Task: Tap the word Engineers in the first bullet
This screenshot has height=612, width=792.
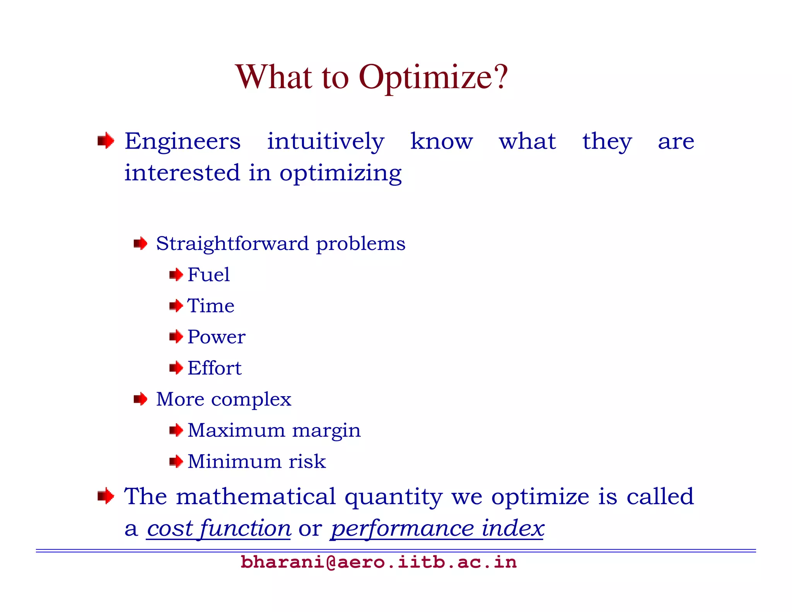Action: (x=183, y=142)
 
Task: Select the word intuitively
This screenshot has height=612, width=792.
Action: (x=325, y=142)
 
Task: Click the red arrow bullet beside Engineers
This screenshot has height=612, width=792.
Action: (x=106, y=141)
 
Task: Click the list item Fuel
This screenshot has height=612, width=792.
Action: (x=208, y=275)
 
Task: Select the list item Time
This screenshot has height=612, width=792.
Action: (x=211, y=306)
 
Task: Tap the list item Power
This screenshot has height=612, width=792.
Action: (x=216, y=337)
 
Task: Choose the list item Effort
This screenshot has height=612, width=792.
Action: (x=214, y=368)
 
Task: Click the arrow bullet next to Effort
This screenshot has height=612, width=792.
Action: (x=176, y=368)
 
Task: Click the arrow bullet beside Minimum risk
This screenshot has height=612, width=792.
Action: (x=176, y=461)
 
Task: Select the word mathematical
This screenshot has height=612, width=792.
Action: (x=256, y=497)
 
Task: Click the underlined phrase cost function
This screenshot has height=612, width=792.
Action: (x=218, y=529)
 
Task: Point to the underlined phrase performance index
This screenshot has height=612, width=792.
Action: (x=437, y=529)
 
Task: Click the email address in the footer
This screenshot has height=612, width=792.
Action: (x=378, y=562)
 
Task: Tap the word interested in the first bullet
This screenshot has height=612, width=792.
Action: (x=182, y=173)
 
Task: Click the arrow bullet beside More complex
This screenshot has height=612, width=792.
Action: (x=140, y=399)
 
